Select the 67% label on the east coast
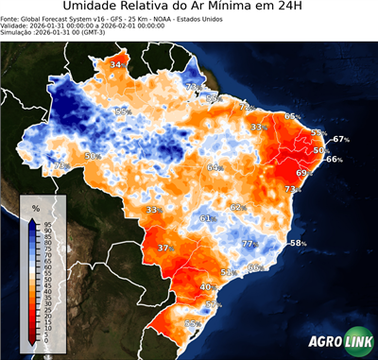tap(341, 140)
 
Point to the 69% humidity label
tap(304, 173)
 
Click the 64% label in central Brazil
tap(215, 167)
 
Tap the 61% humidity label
tap(208, 219)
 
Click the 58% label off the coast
tap(298, 244)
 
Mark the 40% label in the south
tap(208, 286)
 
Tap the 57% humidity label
tap(214, 305)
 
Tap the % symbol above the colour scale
tap(35, 207)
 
